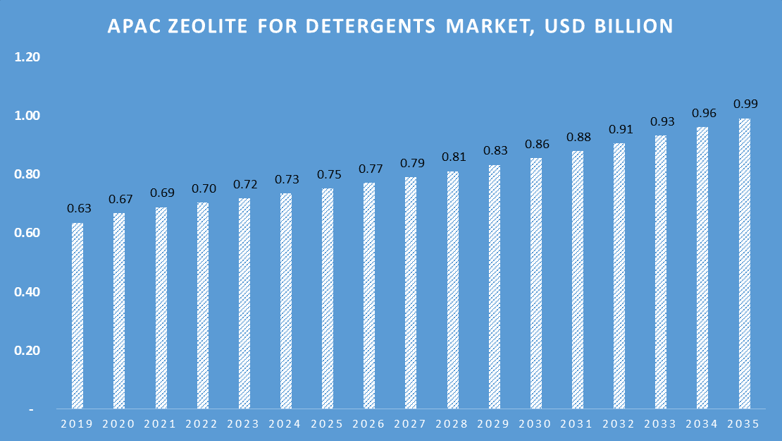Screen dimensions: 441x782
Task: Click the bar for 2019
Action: pos(77,316)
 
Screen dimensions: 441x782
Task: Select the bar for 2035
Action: pos(744,264)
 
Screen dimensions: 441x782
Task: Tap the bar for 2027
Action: pos(411,293)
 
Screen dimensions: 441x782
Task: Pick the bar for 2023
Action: pos(244,303)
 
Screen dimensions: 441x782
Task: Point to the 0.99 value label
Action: pos(745,104)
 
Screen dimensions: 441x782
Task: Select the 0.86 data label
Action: pos(536,144)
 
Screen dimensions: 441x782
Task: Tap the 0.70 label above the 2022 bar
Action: pos(203,188)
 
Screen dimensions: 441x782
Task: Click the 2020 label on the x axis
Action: pos(119,425)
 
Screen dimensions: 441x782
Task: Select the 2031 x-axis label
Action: pos(577,425)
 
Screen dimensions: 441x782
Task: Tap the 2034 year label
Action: pos(702,425)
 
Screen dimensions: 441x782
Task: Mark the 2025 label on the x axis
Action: pos(328,425)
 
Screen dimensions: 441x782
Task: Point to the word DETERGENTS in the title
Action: pos(370,27)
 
